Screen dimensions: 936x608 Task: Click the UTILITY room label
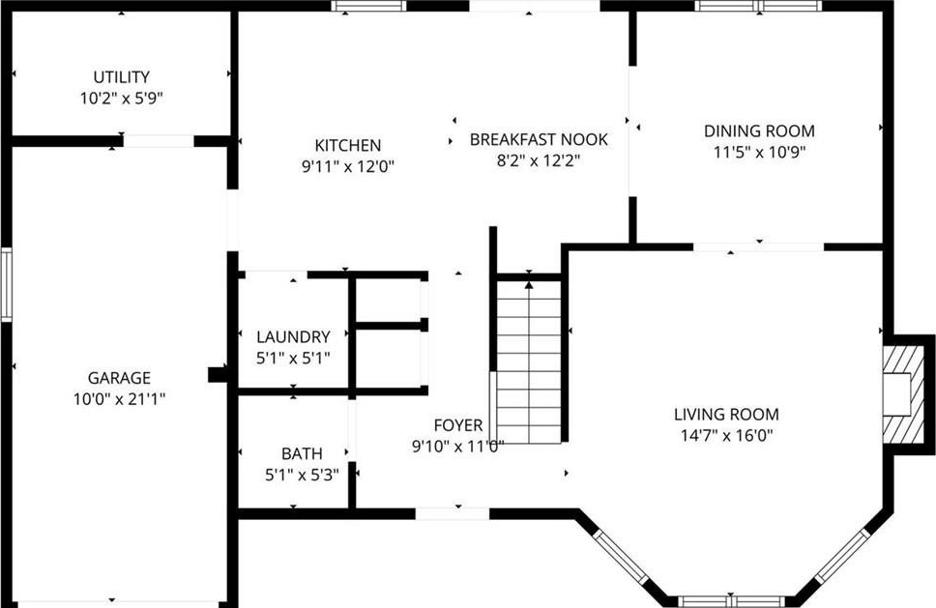click(x=121, y=77)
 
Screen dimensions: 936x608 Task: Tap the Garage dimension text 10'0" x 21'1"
click(x=119, y=399)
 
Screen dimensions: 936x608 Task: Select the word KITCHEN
click(x=347, y=145)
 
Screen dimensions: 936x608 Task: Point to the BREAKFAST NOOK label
click(x=539, y=139)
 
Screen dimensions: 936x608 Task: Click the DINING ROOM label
click(x=759, y=130)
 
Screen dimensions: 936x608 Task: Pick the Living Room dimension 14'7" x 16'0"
click(x=726, y=436)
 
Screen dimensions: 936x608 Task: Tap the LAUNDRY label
click(x=293, y=336)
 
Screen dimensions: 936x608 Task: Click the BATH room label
click(x=302, y=453)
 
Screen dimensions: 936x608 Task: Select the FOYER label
click(x=458, y=424)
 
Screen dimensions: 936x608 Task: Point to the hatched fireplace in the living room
click(x=904, y=394)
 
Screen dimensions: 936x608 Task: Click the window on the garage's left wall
click(x=7, y=284)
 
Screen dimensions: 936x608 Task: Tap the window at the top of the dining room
click(x=758, y=6)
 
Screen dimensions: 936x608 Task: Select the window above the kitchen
click(x=369, y=6)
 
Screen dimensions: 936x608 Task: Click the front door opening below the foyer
click(x=452, y=513)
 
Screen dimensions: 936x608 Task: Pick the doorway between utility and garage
click(x=159, y=141)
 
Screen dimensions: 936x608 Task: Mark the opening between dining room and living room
click(x=758, y=247)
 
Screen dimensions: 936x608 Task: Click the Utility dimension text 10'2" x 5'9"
click(x=122, y=99)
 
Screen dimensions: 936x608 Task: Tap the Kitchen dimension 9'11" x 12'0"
click(x=348, y=166)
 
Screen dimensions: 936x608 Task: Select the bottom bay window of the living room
click(x=731, y=601)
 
